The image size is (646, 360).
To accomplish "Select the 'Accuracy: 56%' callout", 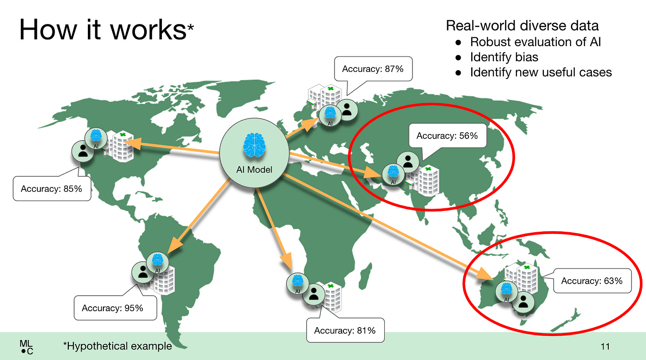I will click(447, 136).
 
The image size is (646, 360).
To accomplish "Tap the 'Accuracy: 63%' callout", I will click(592, 281).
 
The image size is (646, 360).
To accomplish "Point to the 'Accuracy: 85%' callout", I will click(51, 189).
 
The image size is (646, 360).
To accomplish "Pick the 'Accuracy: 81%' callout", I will click(345, 330).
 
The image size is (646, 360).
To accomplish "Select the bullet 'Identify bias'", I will click(504, 57).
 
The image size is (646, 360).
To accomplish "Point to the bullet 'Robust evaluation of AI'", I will click(536, 42).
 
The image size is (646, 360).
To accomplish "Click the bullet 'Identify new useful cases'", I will click(541, 72).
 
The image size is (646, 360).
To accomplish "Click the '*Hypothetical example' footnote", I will click(117, 346).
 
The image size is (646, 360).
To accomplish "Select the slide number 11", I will click(605, 346).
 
